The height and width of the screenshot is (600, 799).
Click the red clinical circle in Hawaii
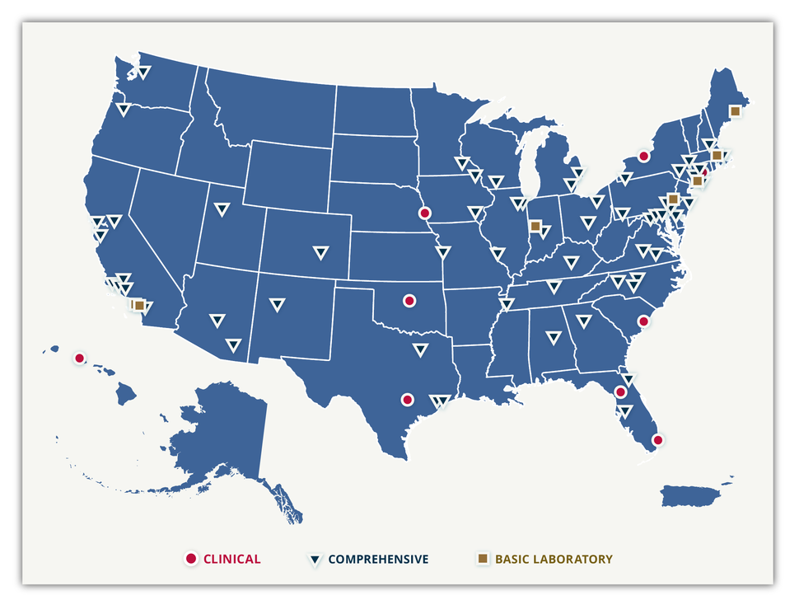(79, 358)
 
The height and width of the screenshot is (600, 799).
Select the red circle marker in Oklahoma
(409, 301)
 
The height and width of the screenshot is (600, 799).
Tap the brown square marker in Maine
(735, 111)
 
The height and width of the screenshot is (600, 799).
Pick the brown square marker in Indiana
(535, 225)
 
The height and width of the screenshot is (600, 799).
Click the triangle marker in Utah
(222, 209)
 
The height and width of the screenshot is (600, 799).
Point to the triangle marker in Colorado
(320, 253)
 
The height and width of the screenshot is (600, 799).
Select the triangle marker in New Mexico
(277, 306)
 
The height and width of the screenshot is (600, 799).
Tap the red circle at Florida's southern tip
(657, 440)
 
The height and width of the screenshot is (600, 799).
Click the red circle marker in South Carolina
(644, 322)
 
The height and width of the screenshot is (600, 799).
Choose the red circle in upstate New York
(644, 156)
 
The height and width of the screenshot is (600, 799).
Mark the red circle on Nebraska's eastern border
(425, 213)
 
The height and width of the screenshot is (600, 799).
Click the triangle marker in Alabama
(554, 338)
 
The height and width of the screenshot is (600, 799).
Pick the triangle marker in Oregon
(124, 110)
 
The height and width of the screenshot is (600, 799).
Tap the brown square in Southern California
(139, 306)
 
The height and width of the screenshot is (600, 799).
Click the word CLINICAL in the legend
(231, 559)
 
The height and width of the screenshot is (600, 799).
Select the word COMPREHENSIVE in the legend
(378, 559)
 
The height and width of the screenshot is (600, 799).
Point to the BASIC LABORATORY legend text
(554, 559)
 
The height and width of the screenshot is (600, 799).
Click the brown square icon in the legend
(483, 559)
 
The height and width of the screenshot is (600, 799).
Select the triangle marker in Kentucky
(571, 263)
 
